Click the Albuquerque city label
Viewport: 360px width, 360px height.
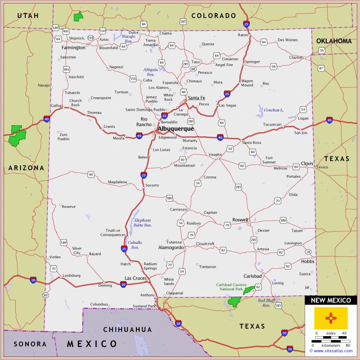pos(175,129)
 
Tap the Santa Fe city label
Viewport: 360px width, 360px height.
pos(196,98)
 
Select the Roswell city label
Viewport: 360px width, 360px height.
pos(240,220)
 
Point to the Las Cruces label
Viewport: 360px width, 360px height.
pos(136,278)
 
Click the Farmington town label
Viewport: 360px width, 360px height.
pos(73,47)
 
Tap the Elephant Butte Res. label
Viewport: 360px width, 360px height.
pos(143,222)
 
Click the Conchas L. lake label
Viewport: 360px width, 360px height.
pos(274,110)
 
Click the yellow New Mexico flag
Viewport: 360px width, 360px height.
pos(331,317)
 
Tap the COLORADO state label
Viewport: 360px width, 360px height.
pos(214,16)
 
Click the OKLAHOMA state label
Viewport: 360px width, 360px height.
pos(334,41)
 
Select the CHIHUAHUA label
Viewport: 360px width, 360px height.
pos(128,330)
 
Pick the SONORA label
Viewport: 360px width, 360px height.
pos(30,344)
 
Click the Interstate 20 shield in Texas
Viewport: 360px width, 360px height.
pos(284,333)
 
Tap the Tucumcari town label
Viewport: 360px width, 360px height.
pos(272,125)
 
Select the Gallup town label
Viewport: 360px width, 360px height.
pos(57,105)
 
